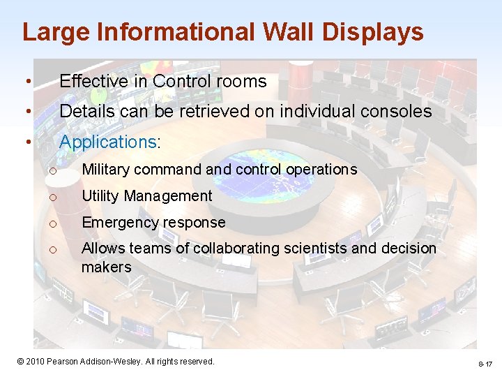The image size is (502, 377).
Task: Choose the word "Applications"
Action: pos(108,142)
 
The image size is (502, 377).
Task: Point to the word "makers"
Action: pos(106,267)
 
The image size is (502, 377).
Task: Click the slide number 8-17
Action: pos(485,364)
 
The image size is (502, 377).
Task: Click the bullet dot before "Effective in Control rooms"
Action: pos(26,82)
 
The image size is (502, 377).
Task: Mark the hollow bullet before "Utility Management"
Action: pos(52,197)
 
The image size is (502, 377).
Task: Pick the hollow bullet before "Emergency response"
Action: pos(52,223)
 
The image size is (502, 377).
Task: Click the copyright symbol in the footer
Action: pos(21,361)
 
